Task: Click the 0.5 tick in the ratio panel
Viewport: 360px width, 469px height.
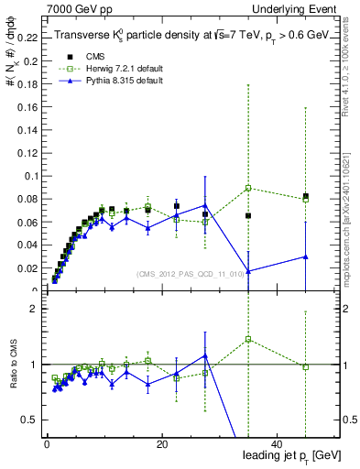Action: pos(32,420)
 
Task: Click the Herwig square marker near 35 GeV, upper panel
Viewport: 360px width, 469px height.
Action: pos(248,188)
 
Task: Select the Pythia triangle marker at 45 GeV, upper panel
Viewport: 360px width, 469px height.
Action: pos(306,256)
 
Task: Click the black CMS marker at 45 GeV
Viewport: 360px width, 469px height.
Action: pos(306,196)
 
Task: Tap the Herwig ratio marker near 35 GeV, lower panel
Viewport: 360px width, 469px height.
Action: pos(248,339)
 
